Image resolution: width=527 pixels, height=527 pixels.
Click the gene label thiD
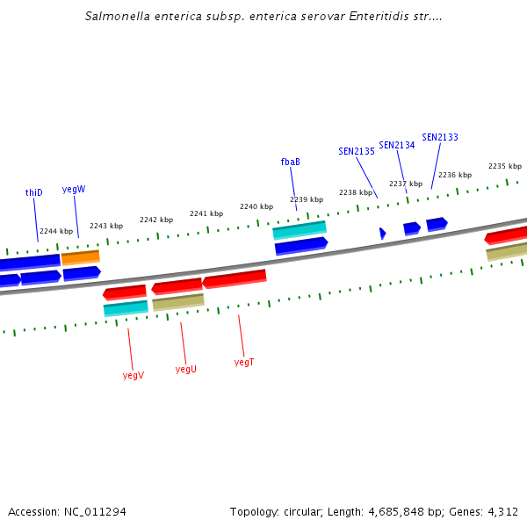tap(33, 192)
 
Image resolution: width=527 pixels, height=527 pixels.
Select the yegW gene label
tap(74, 189)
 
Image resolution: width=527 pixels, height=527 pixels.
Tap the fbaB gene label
tap(291, 162)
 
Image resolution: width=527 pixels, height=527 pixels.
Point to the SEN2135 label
tap(357, 151)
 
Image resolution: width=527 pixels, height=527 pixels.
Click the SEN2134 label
tap(397, 145)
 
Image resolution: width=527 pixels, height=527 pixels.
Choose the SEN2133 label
tap(440, 137)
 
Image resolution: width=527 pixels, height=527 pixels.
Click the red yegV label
tap(134, 375)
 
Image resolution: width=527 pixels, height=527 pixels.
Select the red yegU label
tap(186, 369)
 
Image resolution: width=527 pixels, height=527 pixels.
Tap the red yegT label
tap(244, 362)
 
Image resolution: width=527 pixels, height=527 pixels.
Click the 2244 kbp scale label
tap(56, 231)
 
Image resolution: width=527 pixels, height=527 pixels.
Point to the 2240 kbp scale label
tap(256, 206)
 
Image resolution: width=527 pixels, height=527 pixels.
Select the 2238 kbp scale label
tap(356, 191)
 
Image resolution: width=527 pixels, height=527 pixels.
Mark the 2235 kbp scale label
tap(505, 166)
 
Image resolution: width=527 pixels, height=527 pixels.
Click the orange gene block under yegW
tap(80, 257)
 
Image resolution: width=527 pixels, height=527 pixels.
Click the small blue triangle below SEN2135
tap(382, 233)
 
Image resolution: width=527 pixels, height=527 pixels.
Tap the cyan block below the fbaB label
tap(300, 230)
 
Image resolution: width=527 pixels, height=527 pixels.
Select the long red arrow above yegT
tap(235, 279)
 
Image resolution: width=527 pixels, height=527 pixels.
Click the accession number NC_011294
tap(94, 511)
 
